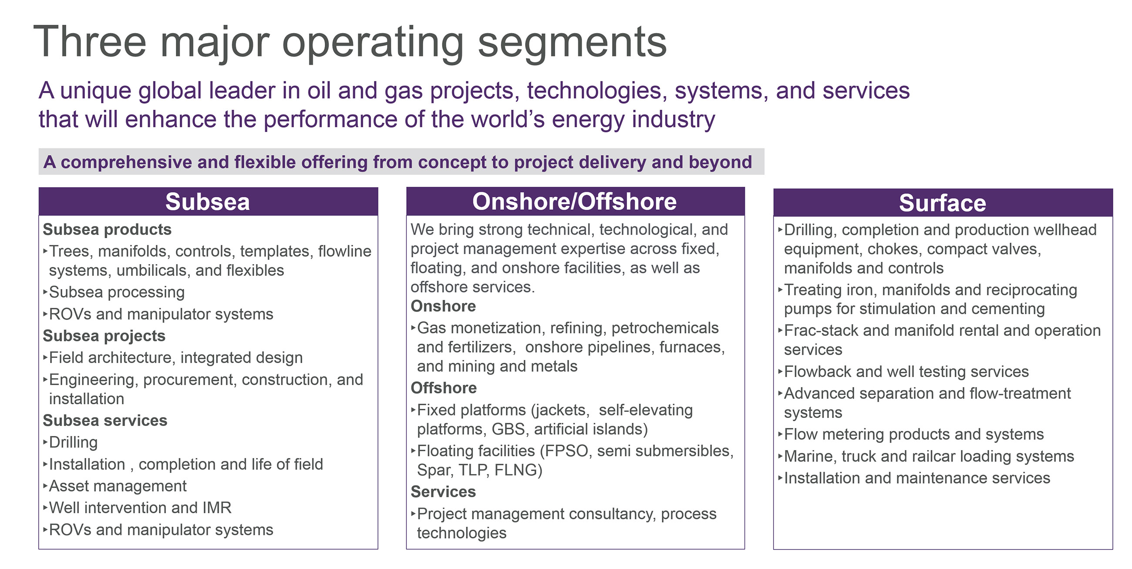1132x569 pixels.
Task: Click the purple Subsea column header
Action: [x=208, y=202]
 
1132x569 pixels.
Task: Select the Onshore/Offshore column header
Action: [x=575, y=201]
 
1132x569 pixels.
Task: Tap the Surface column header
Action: [x=943, y=202]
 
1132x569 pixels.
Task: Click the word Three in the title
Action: [x=90, y=42]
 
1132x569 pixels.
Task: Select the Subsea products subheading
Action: [x=107, y=229]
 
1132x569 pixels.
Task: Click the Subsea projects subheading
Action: [x=104, y=336]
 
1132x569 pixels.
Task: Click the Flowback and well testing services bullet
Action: [x=903, y=372]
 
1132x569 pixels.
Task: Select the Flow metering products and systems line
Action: [x=911, y=434]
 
